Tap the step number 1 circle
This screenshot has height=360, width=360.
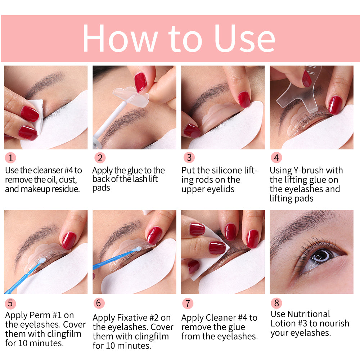tap(10, 158)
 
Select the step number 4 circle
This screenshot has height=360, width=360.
tap(276, 158)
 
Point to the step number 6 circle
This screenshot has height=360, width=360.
tap(99, 303)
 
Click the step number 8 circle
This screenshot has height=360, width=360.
tap(276, 303)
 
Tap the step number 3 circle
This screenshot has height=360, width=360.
tap(188, 158)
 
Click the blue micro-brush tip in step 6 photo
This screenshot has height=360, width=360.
tap(139, 248)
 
